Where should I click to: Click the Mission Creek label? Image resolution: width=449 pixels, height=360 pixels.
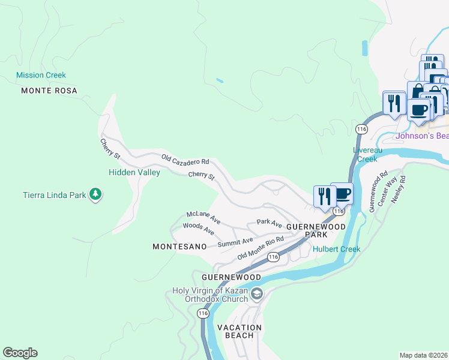pos(41,76)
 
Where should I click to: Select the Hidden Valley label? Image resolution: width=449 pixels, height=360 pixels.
pos(134,172)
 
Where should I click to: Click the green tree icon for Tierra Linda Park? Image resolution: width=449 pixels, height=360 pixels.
pos(95,194)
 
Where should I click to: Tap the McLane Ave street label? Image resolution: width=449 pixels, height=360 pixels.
pos(203,217)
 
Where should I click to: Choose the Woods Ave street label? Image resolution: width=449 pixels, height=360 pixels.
pos(198,229)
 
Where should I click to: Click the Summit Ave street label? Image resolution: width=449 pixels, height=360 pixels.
pos(235,242)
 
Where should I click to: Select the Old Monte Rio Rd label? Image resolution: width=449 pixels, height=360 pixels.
pos(261,247)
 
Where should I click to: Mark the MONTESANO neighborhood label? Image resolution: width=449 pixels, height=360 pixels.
pos(179,247)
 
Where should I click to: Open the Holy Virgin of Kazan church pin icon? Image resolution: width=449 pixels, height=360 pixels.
pos(257,293)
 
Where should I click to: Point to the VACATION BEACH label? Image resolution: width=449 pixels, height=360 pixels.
pos(240,331)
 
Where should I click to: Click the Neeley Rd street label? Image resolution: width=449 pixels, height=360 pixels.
pos(399,188)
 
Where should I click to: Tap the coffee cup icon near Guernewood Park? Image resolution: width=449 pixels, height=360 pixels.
pos(342,194)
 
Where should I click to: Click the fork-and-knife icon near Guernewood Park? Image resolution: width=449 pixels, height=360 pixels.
pos(324,196)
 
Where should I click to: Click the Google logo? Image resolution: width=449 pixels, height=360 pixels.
pos(20,353)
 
